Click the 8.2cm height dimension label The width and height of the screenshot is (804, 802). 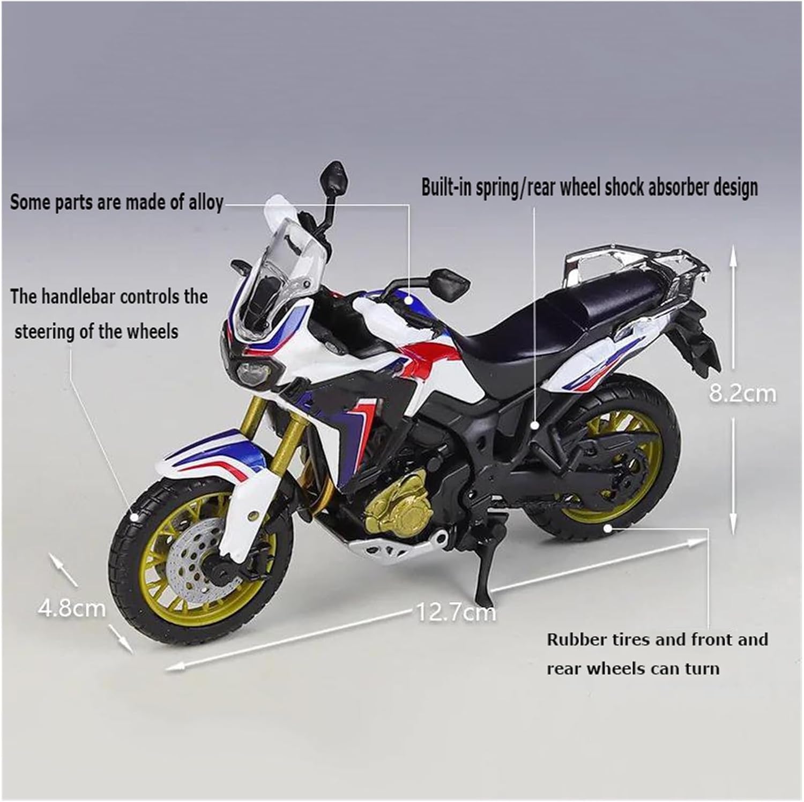coord(742,394)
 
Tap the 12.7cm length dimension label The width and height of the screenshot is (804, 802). coord(456,612)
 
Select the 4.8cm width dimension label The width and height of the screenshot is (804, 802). coord(72,608)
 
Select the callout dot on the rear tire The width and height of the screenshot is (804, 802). coord(607,528)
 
